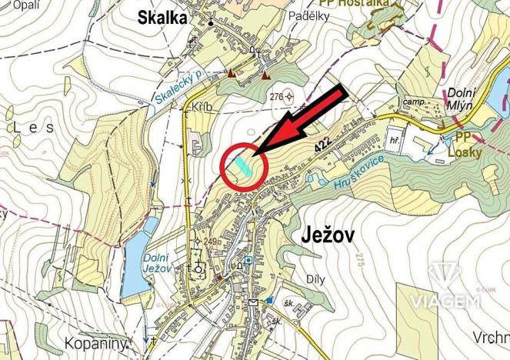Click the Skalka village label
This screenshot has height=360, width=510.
[162, 18]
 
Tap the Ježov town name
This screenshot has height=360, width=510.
[322, 235]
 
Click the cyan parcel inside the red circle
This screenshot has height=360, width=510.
[243, 165]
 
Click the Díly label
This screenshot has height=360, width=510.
[316, 278]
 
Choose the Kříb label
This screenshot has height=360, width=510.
[202, 108]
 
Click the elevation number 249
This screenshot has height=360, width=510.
[211, 242]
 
